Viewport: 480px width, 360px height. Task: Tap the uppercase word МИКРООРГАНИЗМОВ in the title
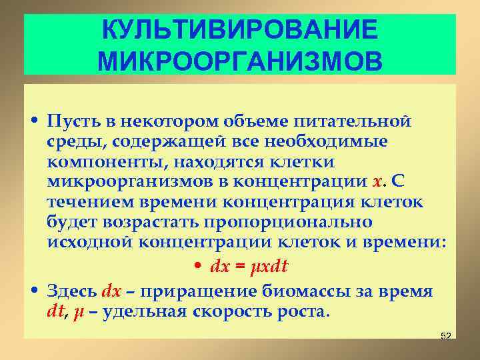click(240, 62)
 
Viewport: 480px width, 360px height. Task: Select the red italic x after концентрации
click(377, 182)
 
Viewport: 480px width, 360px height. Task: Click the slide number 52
click(446, 336)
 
